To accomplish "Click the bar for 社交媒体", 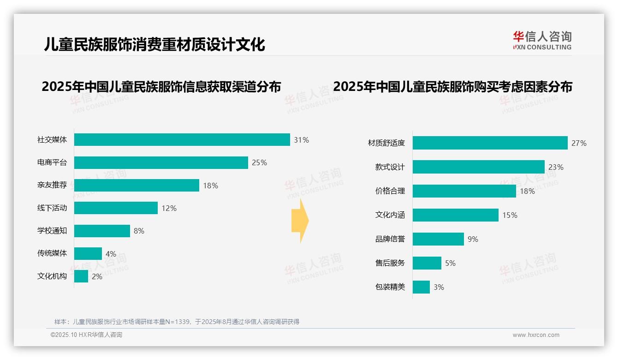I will [182, 140].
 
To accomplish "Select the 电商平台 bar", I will [161, 162].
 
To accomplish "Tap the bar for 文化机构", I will [81, 276].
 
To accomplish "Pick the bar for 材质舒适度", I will [490, 143].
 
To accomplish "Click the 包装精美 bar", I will [421, 287].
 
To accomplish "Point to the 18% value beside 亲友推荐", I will [210, 186].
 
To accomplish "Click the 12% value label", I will [169, 208].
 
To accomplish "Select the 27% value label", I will [579, 144].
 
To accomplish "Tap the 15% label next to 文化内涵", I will [510, 215].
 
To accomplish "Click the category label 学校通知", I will [52, 231].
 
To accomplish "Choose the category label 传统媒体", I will [52, 253].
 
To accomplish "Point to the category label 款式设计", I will [390, 167].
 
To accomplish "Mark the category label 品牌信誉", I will [390, 239].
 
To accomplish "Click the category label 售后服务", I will [390, 263].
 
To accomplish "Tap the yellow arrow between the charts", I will [300, 221].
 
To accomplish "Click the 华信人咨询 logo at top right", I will [542, 41].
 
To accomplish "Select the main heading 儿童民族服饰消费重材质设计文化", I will [154, 44].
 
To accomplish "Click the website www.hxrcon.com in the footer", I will [536, 335].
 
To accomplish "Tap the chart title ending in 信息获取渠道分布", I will [161, 87].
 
